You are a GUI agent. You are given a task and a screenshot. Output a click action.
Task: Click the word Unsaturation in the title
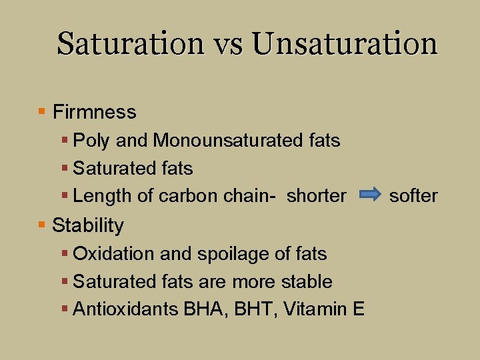pyautogui.click(x=345, y=44)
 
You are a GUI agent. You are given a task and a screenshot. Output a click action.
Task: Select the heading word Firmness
pyautogui.click(x=94, y=112)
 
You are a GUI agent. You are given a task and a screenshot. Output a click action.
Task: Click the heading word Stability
pyautogui.click(x=87, y=225)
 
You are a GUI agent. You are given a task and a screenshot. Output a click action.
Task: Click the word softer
pyautogui.click(x=413, y=196)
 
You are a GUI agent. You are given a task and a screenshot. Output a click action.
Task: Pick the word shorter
pyautogui.click(x=317, y=196)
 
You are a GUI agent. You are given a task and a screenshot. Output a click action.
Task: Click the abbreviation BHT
pyautogui.click(x=255, y=309)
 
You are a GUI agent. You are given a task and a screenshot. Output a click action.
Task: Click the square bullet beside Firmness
pyautogui.click(x=42, y=111)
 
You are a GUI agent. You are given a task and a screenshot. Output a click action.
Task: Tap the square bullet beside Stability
pyautogui.click(x=42, y=225)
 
